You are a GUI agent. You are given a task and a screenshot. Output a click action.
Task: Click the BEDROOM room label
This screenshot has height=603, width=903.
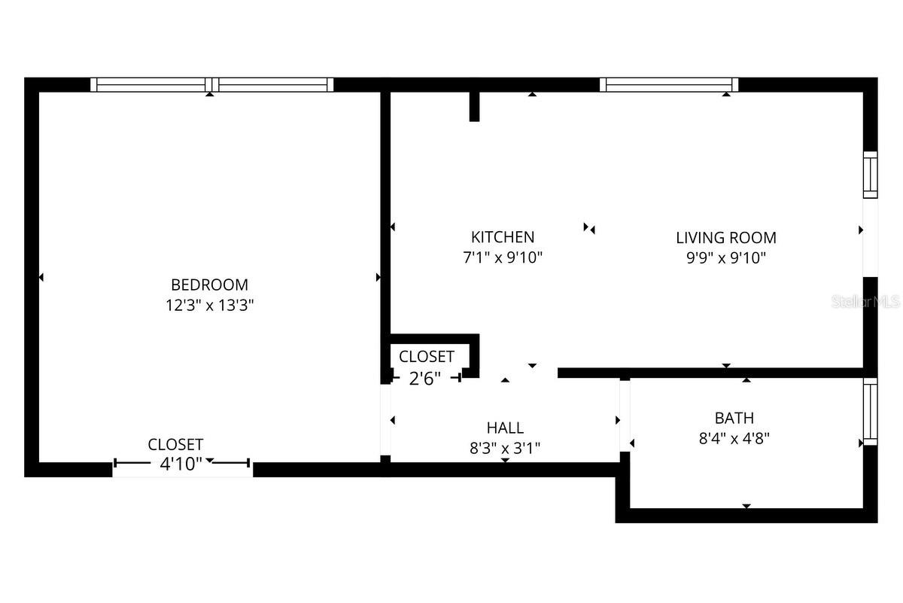[x=209, y=285]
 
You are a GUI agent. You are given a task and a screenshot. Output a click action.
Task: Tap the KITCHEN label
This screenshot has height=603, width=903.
[x=503, y=237]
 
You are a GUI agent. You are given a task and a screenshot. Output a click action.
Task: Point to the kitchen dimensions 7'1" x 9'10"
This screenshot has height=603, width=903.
[x=503, y=257]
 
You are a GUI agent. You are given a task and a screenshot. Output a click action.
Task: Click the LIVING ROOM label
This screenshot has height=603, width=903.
[x=725, y=237]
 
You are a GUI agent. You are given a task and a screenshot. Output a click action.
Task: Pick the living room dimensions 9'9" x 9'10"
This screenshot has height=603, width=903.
[x=725, y=257]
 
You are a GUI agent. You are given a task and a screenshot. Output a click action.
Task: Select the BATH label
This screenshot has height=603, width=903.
[x=734, y=418]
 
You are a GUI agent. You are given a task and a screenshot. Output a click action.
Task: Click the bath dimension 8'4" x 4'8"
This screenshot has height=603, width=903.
[x=734, y=438]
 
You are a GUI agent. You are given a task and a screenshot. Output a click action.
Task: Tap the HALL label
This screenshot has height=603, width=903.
[x=505, y=428]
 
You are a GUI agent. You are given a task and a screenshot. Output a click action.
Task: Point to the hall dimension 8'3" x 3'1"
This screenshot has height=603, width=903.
[x=505, y=448]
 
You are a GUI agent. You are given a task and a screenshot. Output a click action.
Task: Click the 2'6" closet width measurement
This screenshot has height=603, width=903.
[x=425, y=379]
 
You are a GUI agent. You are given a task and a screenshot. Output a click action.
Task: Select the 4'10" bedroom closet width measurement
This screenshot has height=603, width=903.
[x=181, y=464]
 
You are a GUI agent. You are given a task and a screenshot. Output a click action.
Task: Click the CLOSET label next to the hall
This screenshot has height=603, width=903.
[x=426, y=356]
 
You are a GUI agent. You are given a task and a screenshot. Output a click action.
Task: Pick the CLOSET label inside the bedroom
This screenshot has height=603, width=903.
[x=175, y=444]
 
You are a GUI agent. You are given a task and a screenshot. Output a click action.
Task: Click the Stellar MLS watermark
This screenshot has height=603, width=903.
[x=865, y=302]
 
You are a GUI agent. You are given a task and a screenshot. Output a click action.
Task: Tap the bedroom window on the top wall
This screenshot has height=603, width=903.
[x=211, y=84]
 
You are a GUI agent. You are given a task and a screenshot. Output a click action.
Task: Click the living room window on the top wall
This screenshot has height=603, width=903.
[x=670, y=84]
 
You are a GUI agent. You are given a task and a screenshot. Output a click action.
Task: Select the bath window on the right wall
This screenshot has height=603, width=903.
[x=870, y=411]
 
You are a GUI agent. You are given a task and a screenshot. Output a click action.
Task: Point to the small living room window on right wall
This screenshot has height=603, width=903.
[x=870, y=175]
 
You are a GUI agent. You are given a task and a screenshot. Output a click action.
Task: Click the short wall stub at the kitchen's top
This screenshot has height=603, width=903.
[x=474, y=105]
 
